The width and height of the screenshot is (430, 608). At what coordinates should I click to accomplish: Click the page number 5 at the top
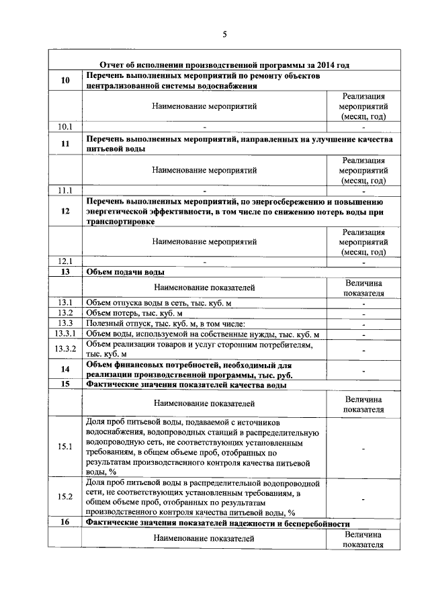pyautogui.click(x=225, y=34)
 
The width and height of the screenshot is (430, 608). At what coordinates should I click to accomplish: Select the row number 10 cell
pyautogui.click(x=65, y=81)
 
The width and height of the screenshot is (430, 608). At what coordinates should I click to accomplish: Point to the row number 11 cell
pyautogui.click(x=65, y=144)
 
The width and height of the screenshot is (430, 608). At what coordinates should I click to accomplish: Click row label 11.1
pyautogui.click(x=65, y=190)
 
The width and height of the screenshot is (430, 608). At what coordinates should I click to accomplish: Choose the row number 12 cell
pyautogui.click(x=65, y=211)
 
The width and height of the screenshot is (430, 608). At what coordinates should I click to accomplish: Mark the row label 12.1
pyautogui.click(x=65, y=261)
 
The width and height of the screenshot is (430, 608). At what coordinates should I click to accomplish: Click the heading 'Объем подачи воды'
pyautogui.click(x=126, y=272)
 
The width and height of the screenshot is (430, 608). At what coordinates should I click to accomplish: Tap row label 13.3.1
pyautogui.click(x=65, y=334)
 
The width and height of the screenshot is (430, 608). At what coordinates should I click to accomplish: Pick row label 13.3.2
pyautogui.click(x=65, y=349)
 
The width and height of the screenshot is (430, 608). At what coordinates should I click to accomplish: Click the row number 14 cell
pyautogui.click(x=65, y=370)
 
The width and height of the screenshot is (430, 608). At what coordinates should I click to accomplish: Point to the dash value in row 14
pyautogui.click(x=363, y=370)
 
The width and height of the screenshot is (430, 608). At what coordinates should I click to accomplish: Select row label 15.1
pyautogui.click(x=65, y=446)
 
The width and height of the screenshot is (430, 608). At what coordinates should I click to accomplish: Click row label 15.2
pyautogui.click(x=65, y=497)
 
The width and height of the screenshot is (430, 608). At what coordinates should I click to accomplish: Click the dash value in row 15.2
pyautogui.click(x=363, y=498)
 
